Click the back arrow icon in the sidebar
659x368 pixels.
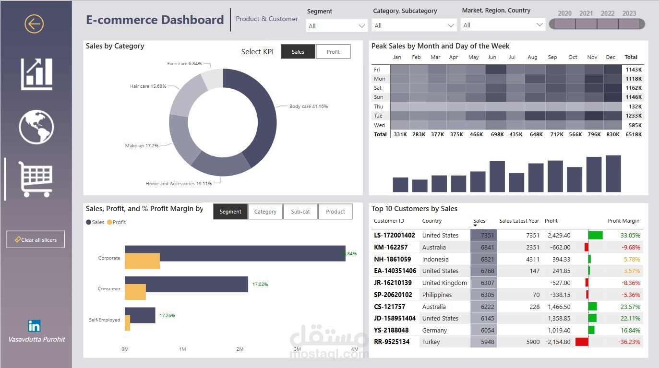(x=34, y=24)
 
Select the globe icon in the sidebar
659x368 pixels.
(x=36, y=127)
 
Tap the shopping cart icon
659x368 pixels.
(x=36, y=179)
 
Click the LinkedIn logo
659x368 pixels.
(x=34, y=326)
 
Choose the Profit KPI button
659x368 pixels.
(x=333, y=52)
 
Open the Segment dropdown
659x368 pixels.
(x=336, y=26)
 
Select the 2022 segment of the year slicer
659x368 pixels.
(x=607, y=24)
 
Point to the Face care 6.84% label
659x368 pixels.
(x=184, y=64)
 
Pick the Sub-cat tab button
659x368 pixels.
(x=300, y=212)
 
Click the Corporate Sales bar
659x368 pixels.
(x=235, y=253)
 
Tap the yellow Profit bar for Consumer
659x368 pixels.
(x=135, y=292)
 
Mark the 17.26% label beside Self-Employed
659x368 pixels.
(x=167, y=316)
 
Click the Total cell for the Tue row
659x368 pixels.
(x=634, y=116)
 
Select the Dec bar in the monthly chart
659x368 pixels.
(x=613, y=174)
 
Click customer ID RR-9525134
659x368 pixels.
(x=392, y=342)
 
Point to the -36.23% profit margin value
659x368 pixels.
(x=630, y=342)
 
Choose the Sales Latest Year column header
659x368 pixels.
(x=519, y=221)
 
